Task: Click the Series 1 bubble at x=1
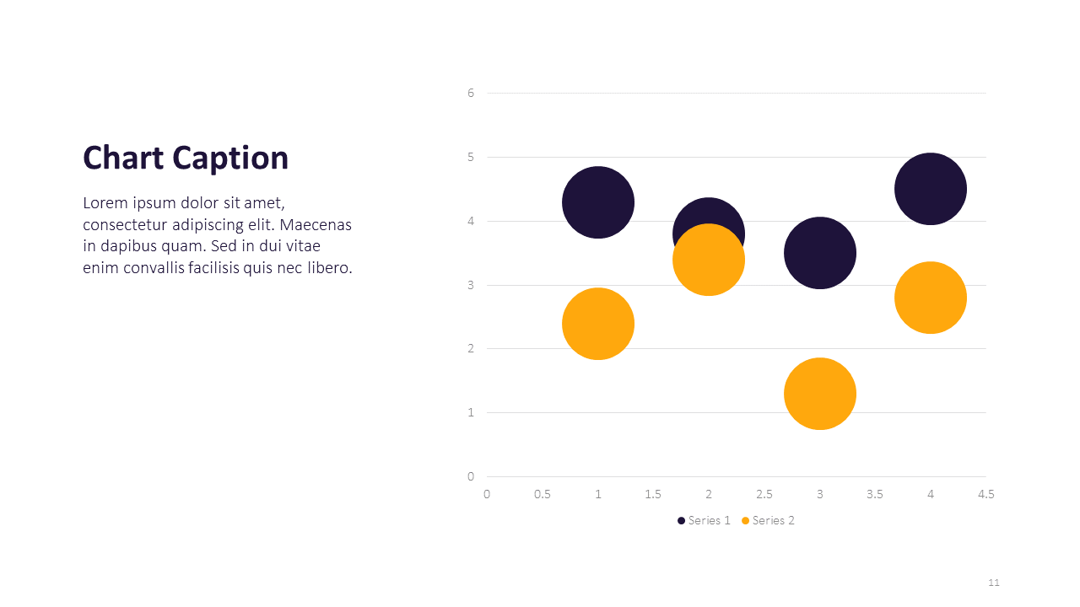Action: point(597,202)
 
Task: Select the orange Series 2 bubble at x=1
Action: point(597,324)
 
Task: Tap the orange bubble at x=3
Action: point(819,394)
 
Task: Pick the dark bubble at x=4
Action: point(930,189)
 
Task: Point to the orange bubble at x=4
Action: point(930,298)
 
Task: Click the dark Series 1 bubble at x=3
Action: point(819,252)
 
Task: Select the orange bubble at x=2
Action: point(709,261)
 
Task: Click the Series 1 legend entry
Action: point(704,520)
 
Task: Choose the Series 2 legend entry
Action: point(768,520)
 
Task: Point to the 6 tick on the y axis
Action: point(471,93)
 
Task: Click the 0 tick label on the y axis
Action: point(471,476)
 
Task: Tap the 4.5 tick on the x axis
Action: point(985,494)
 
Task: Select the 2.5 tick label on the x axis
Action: point(764,494)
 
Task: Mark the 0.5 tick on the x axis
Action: point(543,494)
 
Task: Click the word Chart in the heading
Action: point(123,158)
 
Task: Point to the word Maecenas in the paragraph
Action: point(315,225)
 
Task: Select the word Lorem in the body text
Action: point(105,203)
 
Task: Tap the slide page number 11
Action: point(993,583)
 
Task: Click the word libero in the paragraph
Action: point(327,268)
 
